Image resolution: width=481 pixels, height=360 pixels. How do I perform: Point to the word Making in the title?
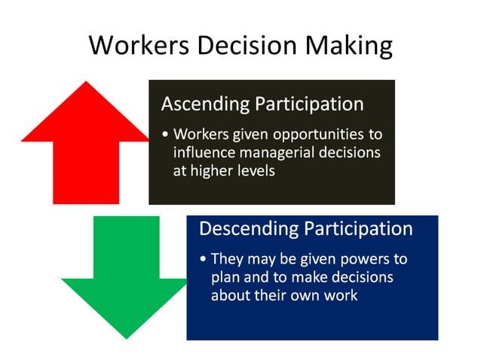tap(349, 47)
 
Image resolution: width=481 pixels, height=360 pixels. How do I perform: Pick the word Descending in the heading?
tap(247, 228)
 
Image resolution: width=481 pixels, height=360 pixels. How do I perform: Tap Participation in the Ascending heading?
tap(309, 104)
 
